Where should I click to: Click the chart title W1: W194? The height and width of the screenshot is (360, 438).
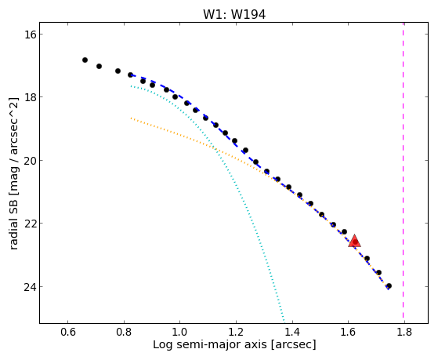tap(234, 14)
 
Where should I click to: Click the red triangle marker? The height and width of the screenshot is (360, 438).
tap(354, 242)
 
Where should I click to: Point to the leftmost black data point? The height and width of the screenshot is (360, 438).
tap(85, 60)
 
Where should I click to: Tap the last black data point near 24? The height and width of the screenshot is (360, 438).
tap(389, 285)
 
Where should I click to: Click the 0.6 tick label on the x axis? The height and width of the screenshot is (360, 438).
tap(68, 332)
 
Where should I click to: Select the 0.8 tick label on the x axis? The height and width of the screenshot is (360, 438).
tap(124, 332)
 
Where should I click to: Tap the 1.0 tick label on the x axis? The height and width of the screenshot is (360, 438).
tap(180, 332)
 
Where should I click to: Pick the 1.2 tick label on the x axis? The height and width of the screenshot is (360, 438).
tap(236, 332)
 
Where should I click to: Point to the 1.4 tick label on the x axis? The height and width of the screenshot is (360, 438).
tap(292, 332)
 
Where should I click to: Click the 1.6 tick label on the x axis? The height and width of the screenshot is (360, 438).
tap(348, 332)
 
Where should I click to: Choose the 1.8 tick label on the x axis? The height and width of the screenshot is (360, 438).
tap(404, 332)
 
